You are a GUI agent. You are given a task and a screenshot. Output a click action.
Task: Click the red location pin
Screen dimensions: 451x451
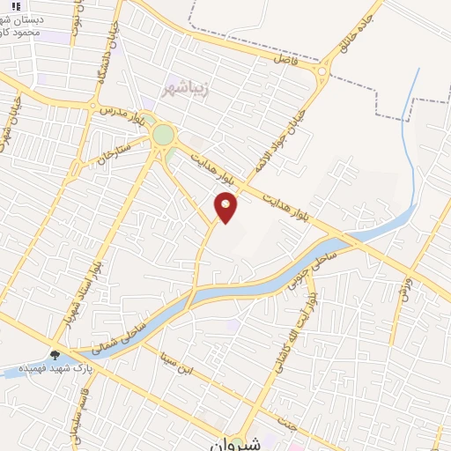226,206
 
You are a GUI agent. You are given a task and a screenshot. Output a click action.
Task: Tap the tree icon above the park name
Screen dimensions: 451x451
55,355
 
